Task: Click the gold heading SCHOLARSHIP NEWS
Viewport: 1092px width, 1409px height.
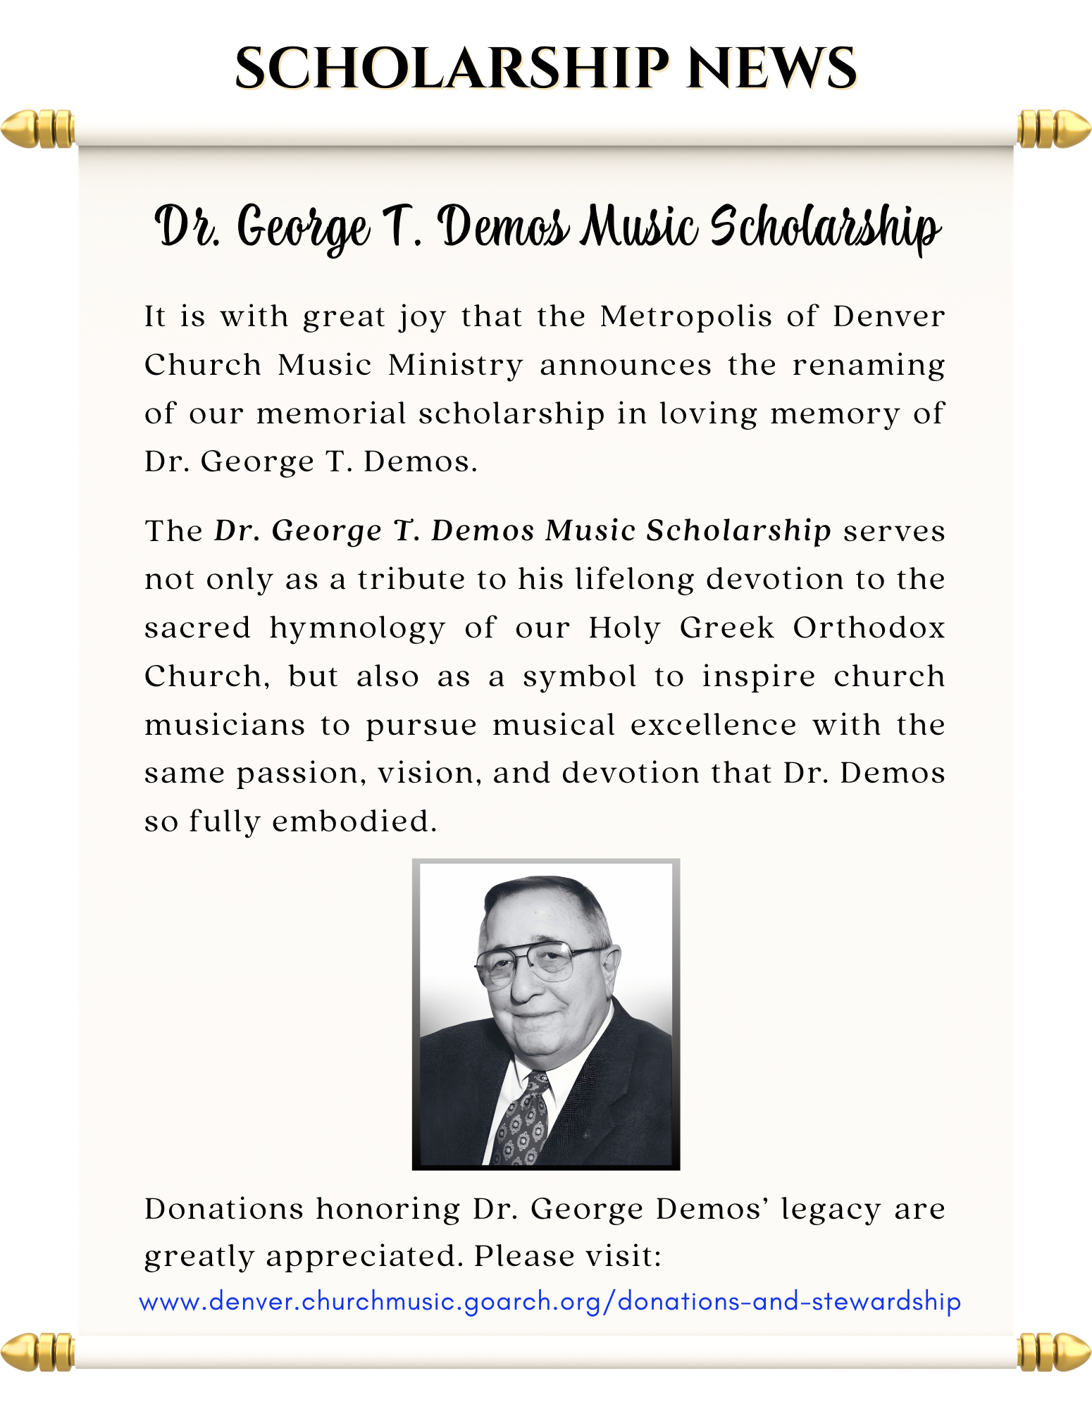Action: click(547, 69)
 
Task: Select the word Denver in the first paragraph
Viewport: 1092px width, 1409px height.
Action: click(888, 316)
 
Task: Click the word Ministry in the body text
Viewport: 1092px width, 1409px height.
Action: click(455, 365)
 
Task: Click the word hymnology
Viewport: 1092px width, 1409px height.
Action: click(357, 628)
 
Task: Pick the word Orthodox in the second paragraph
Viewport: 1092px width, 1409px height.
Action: click(869, 627)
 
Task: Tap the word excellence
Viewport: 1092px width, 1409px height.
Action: click(714, 724)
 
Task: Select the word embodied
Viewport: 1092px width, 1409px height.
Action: click(354, 821)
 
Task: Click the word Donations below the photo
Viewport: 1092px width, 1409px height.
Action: click(224, 1209)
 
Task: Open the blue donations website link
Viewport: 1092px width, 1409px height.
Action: click(550, 1301)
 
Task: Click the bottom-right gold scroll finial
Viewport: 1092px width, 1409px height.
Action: click(1053, 1351)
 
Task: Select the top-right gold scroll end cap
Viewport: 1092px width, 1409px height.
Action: click(1053, 129)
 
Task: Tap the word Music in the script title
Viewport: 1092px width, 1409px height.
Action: click(640, 227)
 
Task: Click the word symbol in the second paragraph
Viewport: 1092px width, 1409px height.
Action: click(579, 676)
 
